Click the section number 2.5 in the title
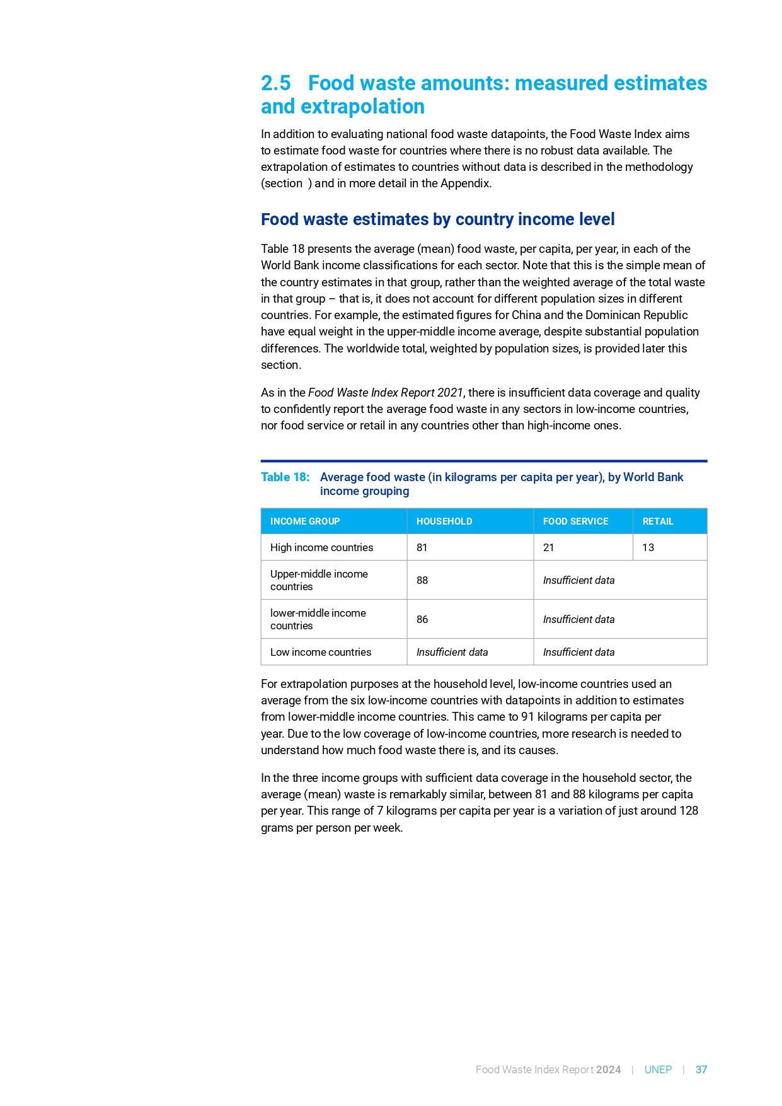(276, 83)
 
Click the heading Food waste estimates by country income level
(437, 219)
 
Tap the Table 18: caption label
(285, 477)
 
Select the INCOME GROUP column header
(305, 521)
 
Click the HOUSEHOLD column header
(444, 521)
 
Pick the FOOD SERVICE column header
(575, 521)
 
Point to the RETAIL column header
(658, 521)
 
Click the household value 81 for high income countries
(422, 548)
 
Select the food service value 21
(548, 548)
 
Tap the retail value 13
(648, 548)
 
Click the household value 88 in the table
(422, 580)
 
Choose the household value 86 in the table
(422, 619)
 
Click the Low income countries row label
(320, 652)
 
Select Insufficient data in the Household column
(452, 652)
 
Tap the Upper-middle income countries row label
(319, 580)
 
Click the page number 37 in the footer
(701, 1069)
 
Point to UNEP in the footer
(658, 1069)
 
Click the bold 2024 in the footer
(608, 1069)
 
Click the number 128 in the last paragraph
(688, 811)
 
